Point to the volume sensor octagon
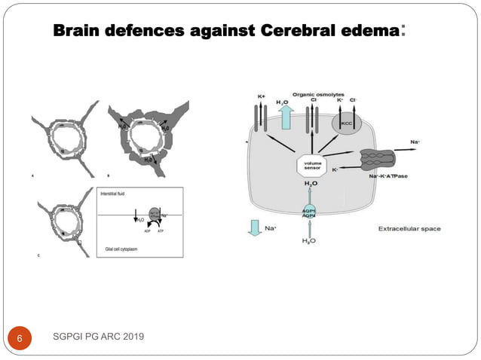[x=311, y=166]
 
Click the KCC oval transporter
[x=348, y=123]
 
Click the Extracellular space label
[x=409, y=229]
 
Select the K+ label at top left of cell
[x=262, y=97]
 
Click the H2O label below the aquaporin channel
[x=310, y=241]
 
